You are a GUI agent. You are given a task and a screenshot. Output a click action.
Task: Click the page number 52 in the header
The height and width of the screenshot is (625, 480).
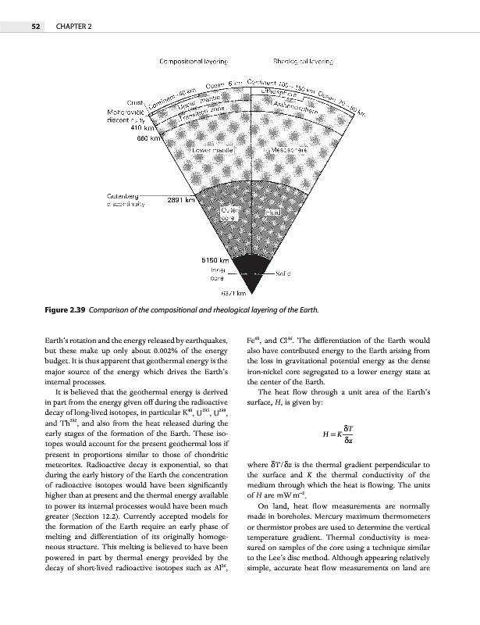[35, 27]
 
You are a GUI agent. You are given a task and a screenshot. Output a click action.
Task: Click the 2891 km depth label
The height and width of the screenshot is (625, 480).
[181, 199]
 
